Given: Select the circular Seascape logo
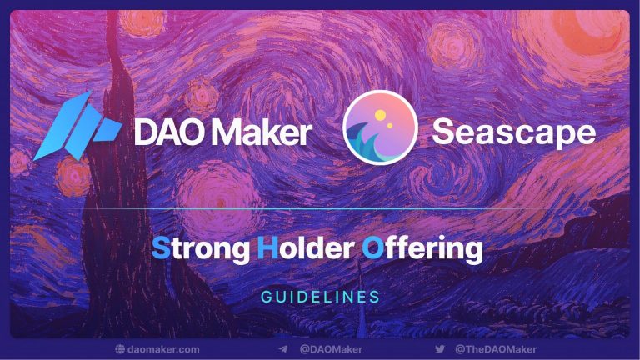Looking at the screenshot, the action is pos(380,127).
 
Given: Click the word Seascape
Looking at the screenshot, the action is pos(514,133).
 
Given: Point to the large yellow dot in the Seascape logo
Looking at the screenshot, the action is pos(380,115).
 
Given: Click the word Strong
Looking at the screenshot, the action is pos(201,249).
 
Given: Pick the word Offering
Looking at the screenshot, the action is pos(422,248).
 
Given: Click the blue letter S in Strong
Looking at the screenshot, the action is pos(161,247).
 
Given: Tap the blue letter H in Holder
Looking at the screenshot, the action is pos(267,247).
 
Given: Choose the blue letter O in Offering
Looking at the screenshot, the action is pos(373,247).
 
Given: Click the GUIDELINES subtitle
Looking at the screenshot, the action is pos(320,297).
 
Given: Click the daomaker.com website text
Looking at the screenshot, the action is pos(163,349).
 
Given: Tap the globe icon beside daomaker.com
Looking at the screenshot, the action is pos(120,349).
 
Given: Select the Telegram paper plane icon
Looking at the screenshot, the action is pos(283,349).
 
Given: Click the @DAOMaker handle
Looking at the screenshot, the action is pos(331,349).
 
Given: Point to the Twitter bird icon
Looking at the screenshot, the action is pos(440,349).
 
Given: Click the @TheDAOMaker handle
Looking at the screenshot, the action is pos(496,349).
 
